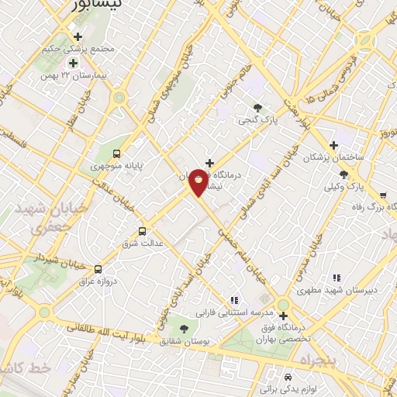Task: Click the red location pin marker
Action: tap(198, 182)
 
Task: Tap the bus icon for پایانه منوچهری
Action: tap(116, 154)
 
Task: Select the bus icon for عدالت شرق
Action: tap(141, 231)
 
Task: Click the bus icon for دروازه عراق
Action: tap(98, 269)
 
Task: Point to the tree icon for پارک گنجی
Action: tap(258, 108)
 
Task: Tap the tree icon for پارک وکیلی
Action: tap(343, 175)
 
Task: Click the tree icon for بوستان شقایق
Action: tap(184, 329)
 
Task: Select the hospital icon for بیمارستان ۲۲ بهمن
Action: tap(73, 63)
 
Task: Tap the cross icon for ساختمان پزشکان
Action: tap(333, 145)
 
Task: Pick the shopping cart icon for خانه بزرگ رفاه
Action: tap(383, 195)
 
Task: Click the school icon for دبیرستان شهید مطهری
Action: tap(337, 278)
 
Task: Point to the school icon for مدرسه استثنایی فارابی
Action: tap(233, 301)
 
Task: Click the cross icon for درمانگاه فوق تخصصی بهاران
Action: tap(283, 316)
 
